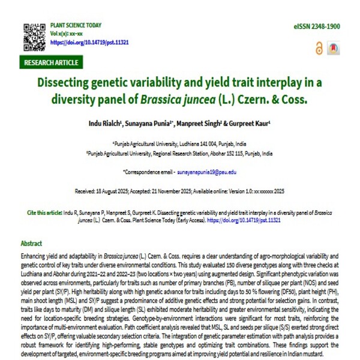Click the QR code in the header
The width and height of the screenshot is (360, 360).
34,36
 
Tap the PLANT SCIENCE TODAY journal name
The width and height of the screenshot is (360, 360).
76,27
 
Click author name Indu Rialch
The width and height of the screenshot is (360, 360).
122,124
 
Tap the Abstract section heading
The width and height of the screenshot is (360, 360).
31,244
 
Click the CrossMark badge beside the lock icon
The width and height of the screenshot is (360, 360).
334,49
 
